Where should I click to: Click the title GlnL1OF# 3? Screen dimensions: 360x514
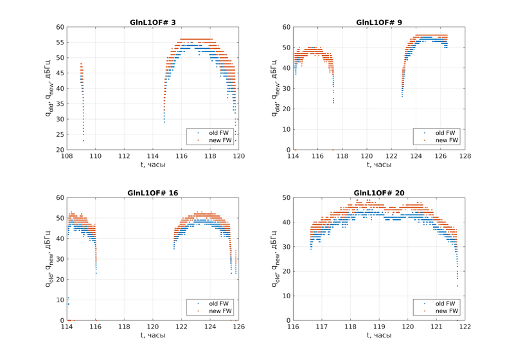(153, 22)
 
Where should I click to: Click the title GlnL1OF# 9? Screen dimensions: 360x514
(379, 22)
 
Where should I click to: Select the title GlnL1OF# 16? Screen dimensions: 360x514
(153, 193)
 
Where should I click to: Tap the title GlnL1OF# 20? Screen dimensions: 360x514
(379, 193)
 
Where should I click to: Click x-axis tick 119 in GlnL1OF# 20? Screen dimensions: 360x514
(379, 327)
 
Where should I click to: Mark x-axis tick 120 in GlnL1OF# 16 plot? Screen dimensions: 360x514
(153, 327)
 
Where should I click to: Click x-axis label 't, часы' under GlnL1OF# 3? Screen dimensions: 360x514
(153, 165)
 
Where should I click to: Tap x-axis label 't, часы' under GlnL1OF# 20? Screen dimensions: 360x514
(379, 335)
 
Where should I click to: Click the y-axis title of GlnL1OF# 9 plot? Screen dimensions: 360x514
(274, 88)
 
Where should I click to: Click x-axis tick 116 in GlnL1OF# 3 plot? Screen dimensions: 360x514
(182, 156)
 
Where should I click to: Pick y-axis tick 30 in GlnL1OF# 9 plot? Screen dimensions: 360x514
(286, 88)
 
